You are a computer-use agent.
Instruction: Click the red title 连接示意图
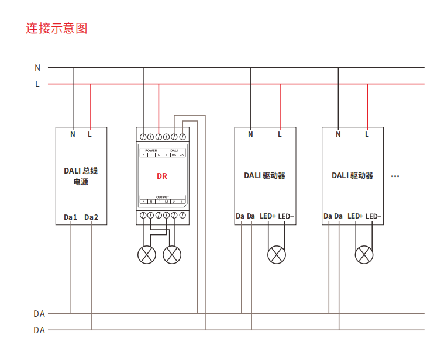pyautogui.click(x=57, y=28)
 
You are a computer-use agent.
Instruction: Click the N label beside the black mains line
pyautogui.click(x=37, y=68)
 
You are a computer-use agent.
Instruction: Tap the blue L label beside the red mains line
pyautogui.click(x=37, y=84)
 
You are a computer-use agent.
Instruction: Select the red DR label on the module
pyautogui.click(x=162, y=175)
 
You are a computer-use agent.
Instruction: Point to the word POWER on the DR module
pyautogui.click(x=151, y=150)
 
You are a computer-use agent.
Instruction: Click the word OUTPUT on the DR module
pyautogui.click(x=162, y=197)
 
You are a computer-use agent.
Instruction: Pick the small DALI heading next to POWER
pyautogui.click(x=174, y=150)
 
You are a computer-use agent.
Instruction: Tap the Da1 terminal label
pyautogui.click(x=71, y=217)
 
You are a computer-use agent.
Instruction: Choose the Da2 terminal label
pyautogui.click(x=92, y=217)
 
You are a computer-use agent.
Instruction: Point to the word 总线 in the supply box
pyautogui.click(x=90, y=171)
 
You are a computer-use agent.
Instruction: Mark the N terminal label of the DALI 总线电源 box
pyautogui.click(x=73, y=134)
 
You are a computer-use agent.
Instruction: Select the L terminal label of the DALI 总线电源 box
pyautogui.click(x=90, y=134)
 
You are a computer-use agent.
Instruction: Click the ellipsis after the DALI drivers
pyautogui.click(x=395, y=175)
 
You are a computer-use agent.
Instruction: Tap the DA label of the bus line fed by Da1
pyautogui.click(x=39, y=314)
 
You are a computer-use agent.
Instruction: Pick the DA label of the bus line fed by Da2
pyautogui.click(x=39, y=330)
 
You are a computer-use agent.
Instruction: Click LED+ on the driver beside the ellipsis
pyautogui.click(x=355, y=216)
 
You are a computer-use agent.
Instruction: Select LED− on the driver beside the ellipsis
pyautogui.click(x=374, y=216)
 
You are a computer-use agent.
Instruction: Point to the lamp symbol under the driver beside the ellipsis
pyautogui.click(x=364, y=255)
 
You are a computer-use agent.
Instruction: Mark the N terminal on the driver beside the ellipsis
pyautogui.click(x=338, y=134)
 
